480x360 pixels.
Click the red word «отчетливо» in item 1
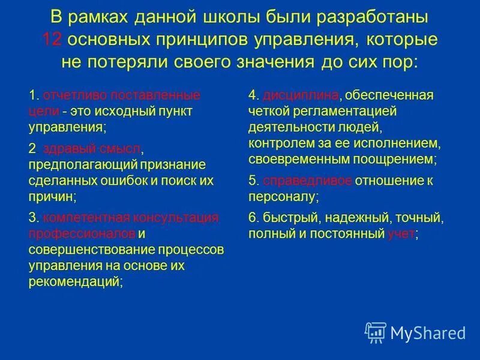click(x=70, y=95)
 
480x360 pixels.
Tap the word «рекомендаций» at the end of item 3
click(x=75, y=280)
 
